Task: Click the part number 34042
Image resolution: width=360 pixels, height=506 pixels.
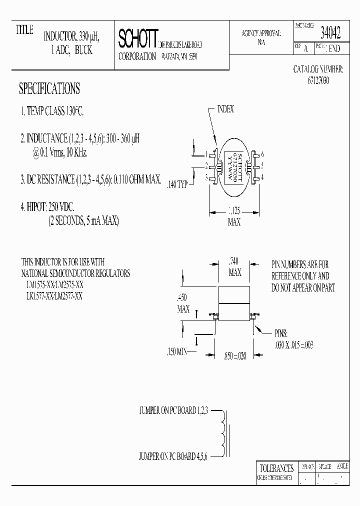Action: coord(330,34)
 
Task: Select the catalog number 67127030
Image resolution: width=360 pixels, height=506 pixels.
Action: coord(318,80)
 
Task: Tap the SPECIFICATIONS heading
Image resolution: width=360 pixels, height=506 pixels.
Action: coord(49,89)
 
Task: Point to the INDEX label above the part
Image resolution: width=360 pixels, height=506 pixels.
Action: coord(225,109)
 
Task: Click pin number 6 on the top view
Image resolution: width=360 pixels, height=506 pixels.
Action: coord(262,154)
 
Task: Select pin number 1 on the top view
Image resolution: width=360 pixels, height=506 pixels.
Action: coord(206,154)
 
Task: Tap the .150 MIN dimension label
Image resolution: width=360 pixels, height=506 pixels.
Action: coord(176,351)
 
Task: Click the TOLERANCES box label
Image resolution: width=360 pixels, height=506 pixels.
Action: coord(275,468)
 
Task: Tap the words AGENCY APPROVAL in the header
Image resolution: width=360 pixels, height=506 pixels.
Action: coord(261,33)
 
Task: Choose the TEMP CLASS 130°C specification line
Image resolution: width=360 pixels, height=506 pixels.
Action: coord(52,112)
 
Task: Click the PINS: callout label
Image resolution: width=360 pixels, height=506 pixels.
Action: coord(281,333)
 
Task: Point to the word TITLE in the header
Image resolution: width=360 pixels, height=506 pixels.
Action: coord(24,30)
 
